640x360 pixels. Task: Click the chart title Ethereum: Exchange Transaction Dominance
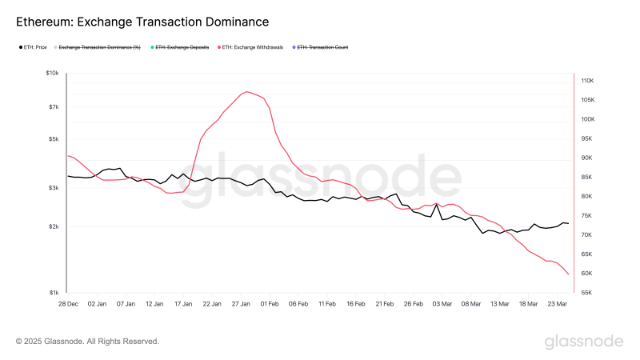click(x=142, y=22)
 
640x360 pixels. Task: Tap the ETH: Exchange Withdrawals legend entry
click(x=251, y=47)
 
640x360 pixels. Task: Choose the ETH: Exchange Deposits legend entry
click(x=182, y=47)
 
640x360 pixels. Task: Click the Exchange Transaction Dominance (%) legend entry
click(x=99, y=47)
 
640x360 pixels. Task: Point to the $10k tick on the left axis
click(x=50, y=73)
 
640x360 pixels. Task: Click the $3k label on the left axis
click(x=52, y=188)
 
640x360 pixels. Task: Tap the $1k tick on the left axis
click(x=52, y=293)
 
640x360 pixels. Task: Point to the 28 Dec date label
click(x=67, y=304)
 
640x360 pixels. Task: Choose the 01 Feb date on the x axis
click(x=269, y=304)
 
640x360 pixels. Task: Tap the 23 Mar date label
click(x=558, y=304)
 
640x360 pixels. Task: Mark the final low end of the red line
click(x=568, y=274)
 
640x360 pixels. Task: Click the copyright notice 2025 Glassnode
click(x=87, y=342)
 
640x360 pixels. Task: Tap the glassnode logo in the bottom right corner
click(x=584, y=342)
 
